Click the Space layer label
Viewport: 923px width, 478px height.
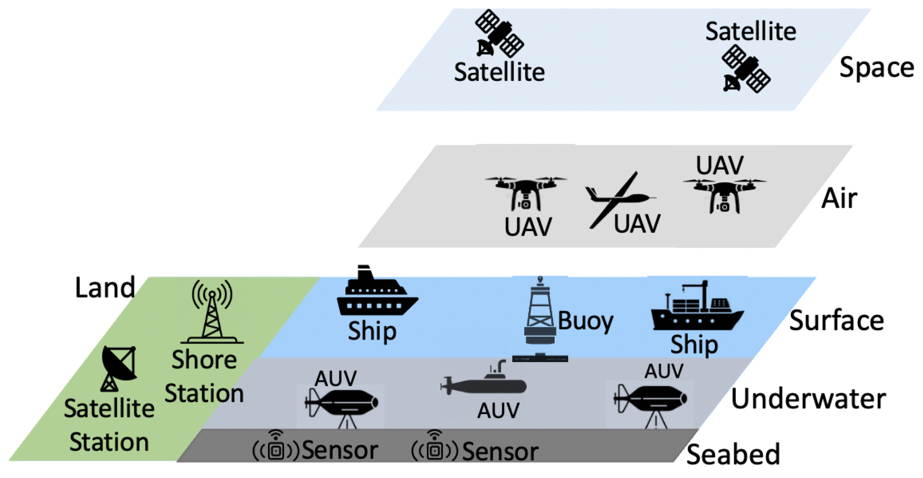point(876,68)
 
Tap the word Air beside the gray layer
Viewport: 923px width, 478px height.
point(839,198)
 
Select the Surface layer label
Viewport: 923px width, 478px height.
point(836,320)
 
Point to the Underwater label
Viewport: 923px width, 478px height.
point(808,399)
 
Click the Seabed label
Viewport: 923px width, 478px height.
point(733,454)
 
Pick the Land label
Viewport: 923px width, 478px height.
point(105,287)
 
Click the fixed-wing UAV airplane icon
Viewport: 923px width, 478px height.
point(617,199)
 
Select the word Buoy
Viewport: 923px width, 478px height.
point(585,320)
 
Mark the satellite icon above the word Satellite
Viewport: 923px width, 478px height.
point(499,34)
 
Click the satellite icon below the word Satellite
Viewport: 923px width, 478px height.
point(746,69)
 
